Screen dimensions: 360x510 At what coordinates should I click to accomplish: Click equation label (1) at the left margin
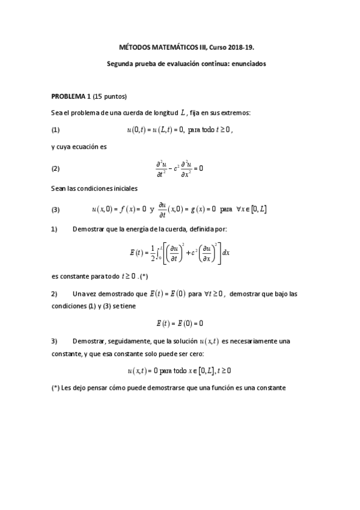(x=56, y=129)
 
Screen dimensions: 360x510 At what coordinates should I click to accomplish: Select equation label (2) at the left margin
(x=56, y=168)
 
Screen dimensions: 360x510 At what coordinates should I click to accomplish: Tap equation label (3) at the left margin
(x=56, y=209)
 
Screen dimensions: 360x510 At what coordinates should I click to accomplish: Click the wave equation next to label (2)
(x=179, y=168)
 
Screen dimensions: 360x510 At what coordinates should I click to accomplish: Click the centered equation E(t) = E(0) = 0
(x=179, y=323)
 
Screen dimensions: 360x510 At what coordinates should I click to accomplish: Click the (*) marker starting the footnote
(x=56, y=388)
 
